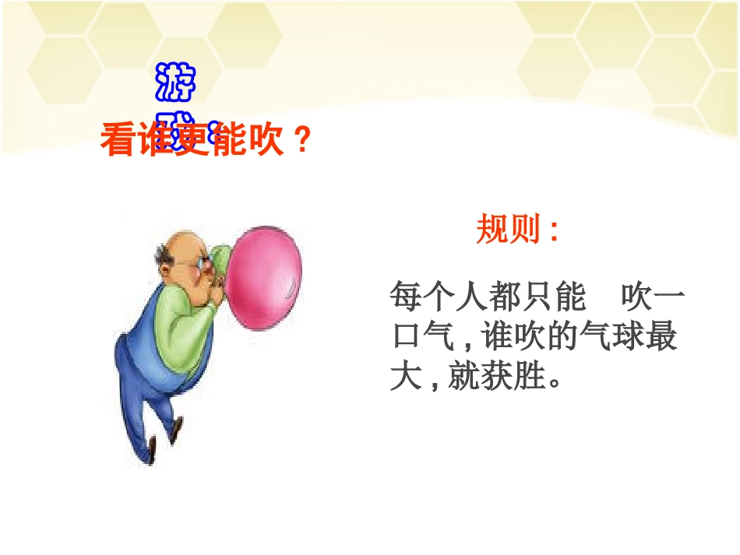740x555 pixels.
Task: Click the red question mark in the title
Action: pyautogui.click(x=304, y=142)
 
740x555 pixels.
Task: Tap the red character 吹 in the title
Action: pyautogui.click(x=267, y=142)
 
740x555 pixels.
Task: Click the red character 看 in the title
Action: pyautogui.click(x=117, y=142)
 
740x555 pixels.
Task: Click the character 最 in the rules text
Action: pyautogui.click(x=661, y=339)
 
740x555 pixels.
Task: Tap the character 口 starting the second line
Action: pyautogui.click(x=406, y=339)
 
